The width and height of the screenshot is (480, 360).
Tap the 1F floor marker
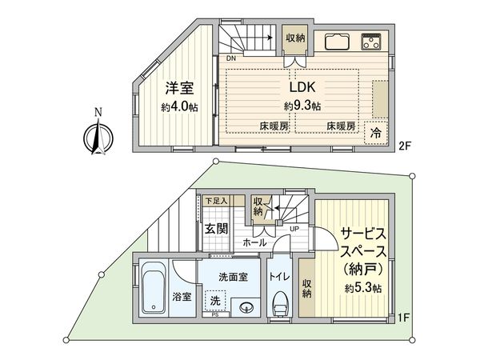coord(404,318)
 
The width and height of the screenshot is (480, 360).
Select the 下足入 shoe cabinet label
coord(216,201)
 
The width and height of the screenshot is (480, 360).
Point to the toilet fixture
coord(280,305)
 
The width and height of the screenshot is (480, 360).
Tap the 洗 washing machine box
coord(214,301)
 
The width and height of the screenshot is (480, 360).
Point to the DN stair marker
coord(230,59)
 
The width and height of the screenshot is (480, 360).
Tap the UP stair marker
coord(295,229)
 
